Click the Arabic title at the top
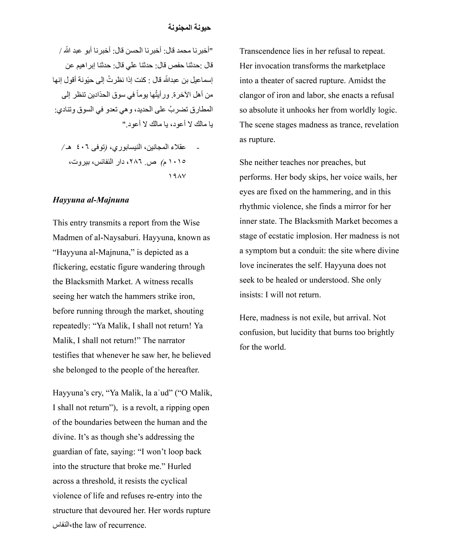pos(189,28)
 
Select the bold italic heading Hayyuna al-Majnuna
pos(91,200)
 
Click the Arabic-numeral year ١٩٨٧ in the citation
pos(177,176)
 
